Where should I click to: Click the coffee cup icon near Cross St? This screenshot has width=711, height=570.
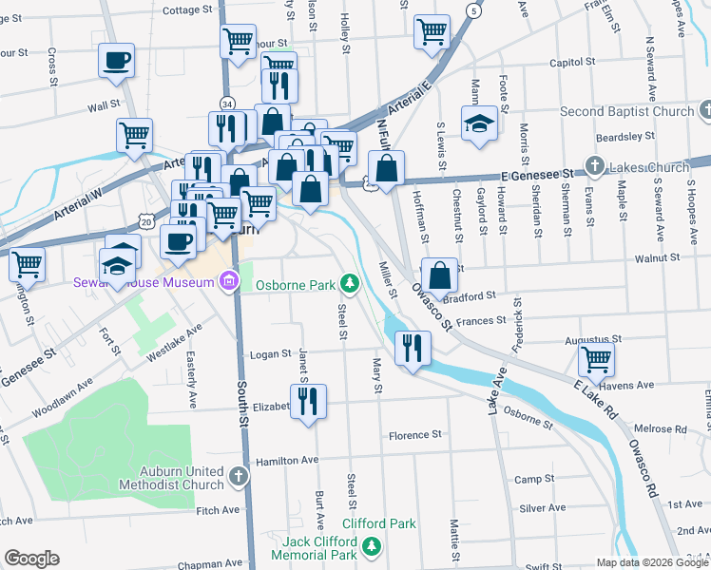(x=117, y=61)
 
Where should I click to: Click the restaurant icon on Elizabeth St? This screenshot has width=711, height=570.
(x=308, y=403)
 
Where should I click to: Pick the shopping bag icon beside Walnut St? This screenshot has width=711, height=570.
(x=439, y=275)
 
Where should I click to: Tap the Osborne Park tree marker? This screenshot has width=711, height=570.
(x=351, y=283)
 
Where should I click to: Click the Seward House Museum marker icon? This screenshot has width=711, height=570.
(x=228, y=282)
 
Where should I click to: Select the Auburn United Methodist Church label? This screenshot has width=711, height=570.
(x=172, y=477)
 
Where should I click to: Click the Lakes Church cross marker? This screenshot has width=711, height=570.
(x=595, y=167)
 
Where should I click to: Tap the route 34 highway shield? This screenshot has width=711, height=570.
(x=226, y=103)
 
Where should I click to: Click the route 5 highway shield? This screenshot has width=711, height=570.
(x=471, y=9)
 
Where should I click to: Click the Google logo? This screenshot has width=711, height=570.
(x=31, y=559)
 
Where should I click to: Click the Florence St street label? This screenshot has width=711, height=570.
(x=415, y=435)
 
